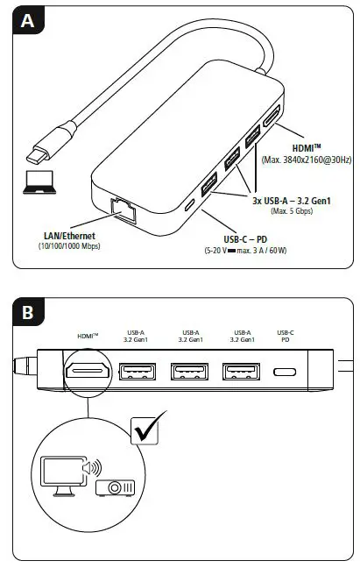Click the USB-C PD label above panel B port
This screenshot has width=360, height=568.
tap(286, 337)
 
